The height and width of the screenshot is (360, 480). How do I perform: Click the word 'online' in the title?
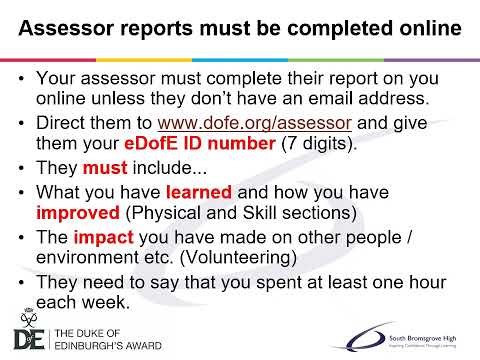click(x=422, y=30)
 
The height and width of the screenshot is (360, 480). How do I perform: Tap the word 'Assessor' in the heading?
click(x=68, y=30)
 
